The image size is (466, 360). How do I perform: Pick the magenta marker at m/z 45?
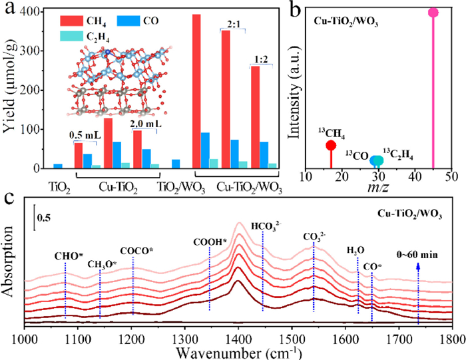[x=433, y=13]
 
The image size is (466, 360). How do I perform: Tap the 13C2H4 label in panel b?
[x=400, y=154]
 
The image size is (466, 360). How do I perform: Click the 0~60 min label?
[x=419, y=256]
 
